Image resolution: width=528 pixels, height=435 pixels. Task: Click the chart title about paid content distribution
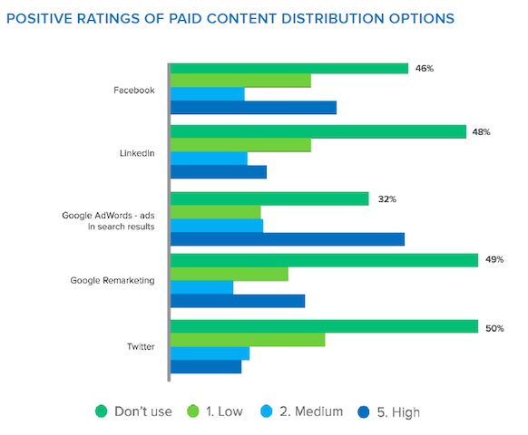(231, 18)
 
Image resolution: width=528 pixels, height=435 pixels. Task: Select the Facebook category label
(133, 90)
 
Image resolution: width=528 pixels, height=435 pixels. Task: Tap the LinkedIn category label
(137, 153)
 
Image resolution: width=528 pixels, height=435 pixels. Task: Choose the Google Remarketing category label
(112, 280)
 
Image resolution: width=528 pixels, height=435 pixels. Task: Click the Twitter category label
(140, 346)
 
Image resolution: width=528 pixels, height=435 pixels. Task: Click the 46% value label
(425, 68)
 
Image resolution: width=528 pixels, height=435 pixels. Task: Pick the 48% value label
(481, 132)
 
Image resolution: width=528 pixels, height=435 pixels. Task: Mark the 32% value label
(387, 198)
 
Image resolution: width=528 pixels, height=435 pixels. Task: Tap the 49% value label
(494, 260)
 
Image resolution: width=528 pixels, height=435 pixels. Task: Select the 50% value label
(494, 328)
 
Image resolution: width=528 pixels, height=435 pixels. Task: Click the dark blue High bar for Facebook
(253, 108)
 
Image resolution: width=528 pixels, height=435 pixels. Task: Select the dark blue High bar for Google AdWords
(288, 239)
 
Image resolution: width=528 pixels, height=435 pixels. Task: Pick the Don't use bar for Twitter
(324, 326)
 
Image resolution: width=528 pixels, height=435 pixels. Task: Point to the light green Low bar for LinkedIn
(240, 145)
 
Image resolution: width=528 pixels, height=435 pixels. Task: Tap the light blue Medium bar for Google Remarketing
(201, 287)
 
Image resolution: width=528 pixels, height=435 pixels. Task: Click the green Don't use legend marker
(102, 411)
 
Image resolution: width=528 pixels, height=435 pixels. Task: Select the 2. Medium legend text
(311, 411)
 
